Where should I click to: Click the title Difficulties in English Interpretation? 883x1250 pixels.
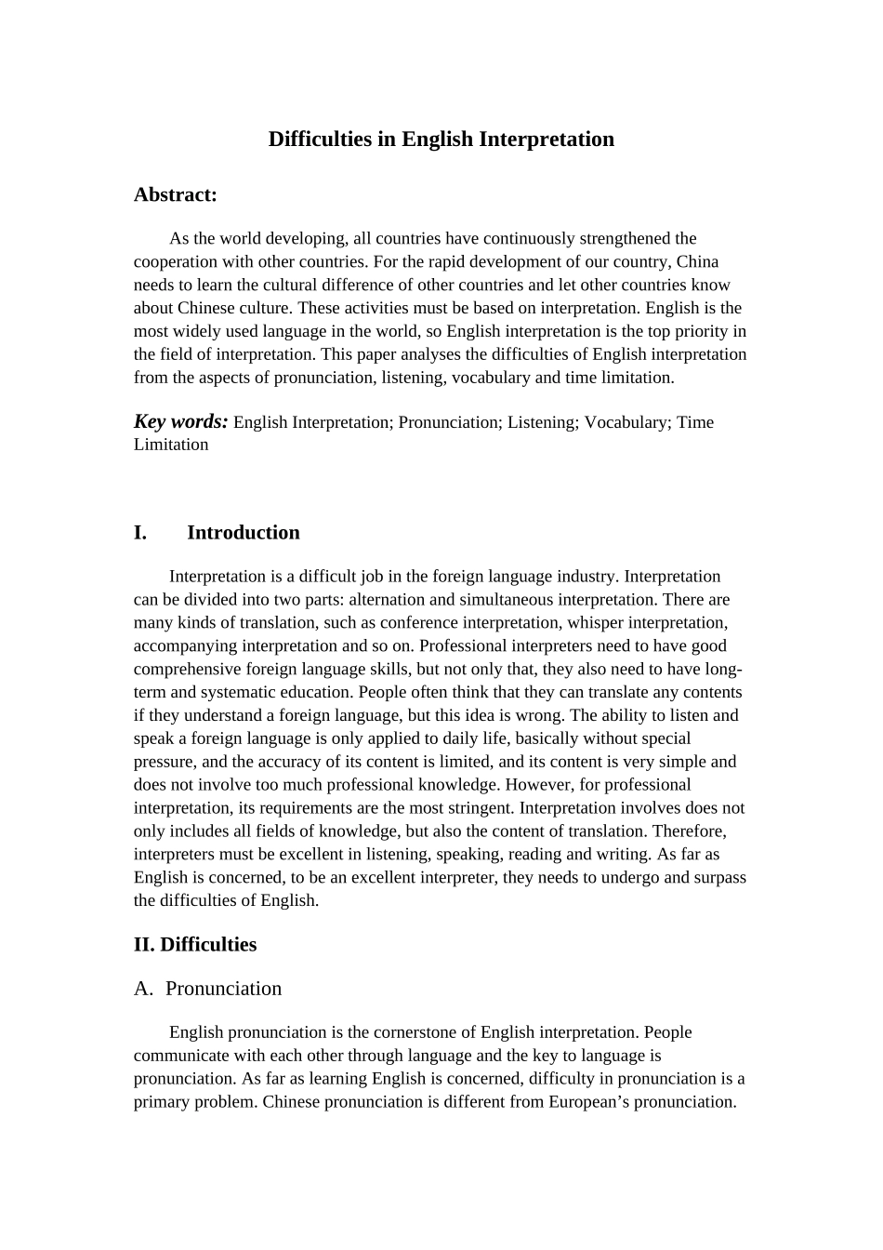point(441,140)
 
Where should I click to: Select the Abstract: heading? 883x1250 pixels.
point(175,194)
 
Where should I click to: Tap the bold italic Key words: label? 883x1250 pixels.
point(180,421)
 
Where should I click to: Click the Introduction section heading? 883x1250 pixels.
point(243,533)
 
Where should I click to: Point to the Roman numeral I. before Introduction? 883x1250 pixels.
point(140,533)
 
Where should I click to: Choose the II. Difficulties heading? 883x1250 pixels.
point(194,945)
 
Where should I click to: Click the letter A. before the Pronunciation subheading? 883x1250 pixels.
point(143,989)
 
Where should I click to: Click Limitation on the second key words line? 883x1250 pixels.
point(171,445)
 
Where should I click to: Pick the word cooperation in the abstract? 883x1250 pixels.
point(175,262)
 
